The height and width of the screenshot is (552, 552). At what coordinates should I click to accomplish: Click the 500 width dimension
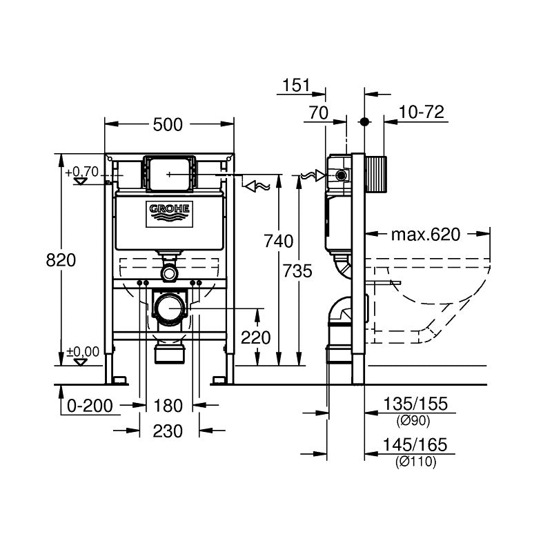(168, 124)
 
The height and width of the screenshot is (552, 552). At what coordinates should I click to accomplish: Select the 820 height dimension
(60, 259)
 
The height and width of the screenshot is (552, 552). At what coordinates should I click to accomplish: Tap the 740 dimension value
(279, 241)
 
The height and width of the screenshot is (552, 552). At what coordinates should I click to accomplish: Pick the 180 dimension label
(168, 404)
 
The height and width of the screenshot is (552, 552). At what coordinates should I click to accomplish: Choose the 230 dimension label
(168, 431)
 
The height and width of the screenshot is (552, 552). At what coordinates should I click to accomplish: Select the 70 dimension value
(319, 112)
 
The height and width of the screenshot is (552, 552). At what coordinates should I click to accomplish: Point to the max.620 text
(425, 235)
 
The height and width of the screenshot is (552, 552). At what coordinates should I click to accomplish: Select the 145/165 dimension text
(415, 446)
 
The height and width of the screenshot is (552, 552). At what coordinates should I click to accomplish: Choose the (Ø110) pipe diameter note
(415, 463)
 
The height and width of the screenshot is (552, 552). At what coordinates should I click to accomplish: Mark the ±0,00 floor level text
(83, 352)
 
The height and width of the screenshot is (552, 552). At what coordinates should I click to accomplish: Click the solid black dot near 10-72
(364, 121)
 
